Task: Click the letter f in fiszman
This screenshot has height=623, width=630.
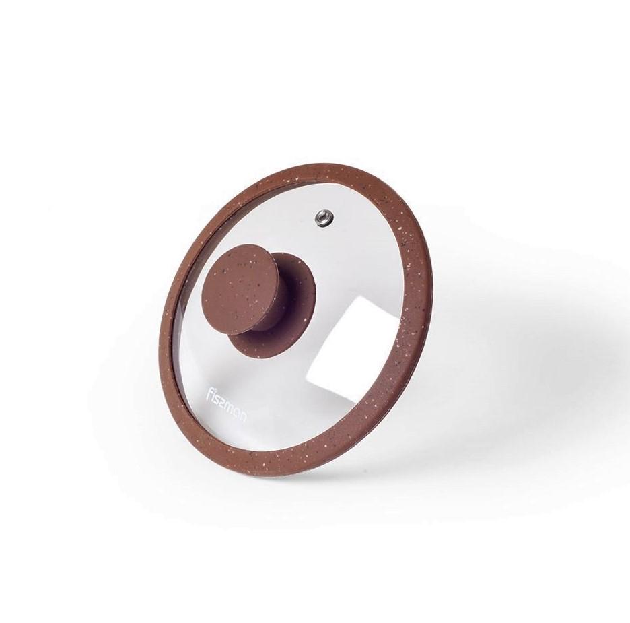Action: pyautogui.click(x=212, y=391)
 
